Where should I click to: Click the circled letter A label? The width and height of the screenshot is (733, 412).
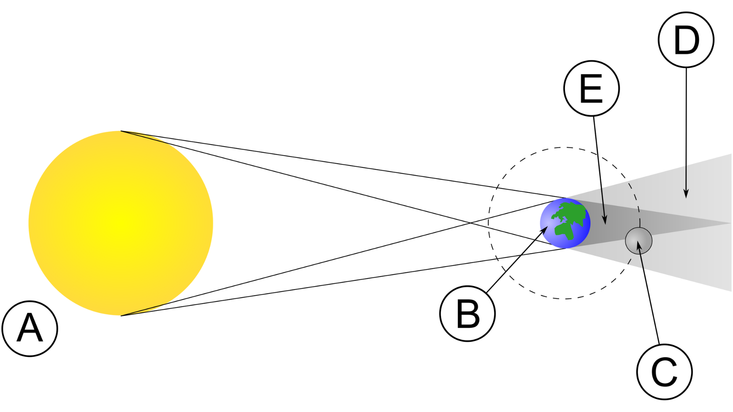30,328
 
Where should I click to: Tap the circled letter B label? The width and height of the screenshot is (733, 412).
467,314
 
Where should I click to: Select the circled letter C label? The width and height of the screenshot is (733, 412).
664,372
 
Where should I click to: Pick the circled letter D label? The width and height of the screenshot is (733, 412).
686,40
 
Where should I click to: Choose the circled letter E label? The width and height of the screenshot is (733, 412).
591,88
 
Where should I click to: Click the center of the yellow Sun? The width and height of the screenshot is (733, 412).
121,223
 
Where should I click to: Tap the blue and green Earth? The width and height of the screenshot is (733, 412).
565,223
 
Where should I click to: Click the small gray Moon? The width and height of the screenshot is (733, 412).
639,241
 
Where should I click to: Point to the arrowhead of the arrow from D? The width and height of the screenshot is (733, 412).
686,194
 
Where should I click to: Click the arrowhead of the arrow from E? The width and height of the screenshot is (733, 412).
604,220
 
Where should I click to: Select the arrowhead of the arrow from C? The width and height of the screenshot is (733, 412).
639,245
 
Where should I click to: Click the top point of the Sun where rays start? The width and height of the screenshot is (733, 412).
121,131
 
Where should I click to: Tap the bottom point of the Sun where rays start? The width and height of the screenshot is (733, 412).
121,315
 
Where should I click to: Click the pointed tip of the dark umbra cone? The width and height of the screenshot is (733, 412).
730,223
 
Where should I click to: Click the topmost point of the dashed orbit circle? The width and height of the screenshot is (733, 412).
564,148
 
